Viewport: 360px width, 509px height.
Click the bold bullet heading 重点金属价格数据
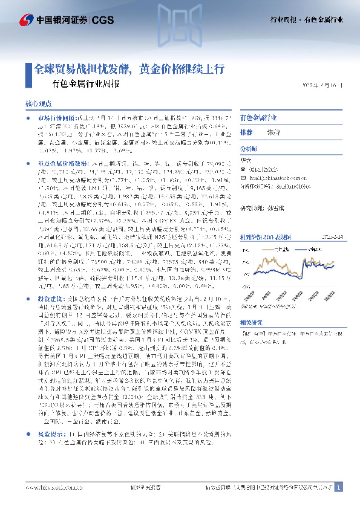pyautogui.click(x=56, y=164)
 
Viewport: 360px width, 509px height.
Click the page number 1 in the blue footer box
pyautogui.click(x=339, y=487)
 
